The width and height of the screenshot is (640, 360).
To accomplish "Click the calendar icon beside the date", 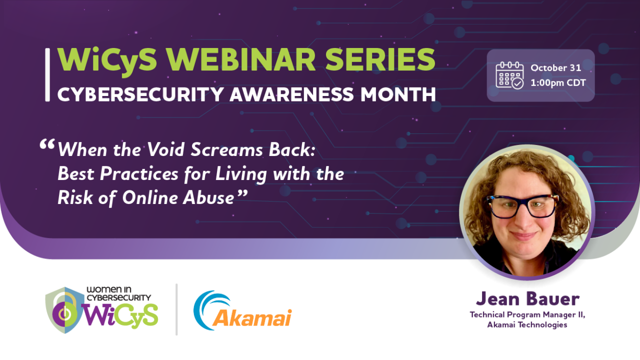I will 509,75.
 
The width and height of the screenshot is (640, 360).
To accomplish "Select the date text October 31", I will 555,68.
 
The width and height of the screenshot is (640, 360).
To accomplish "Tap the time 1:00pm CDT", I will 558,83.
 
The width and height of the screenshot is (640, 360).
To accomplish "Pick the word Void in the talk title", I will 168,149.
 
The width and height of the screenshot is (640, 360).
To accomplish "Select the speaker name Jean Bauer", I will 527,298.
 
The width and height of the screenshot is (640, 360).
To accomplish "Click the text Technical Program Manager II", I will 527,314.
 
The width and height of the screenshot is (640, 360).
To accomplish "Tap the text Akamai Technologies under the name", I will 527,325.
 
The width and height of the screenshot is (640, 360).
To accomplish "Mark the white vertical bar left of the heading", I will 47,75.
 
